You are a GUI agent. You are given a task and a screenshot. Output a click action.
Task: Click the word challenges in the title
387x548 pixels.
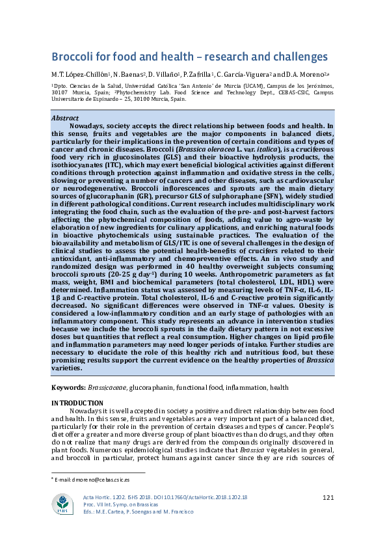tap(292, 57)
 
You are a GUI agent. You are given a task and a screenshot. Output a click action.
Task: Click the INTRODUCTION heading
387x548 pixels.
tap(77, 404)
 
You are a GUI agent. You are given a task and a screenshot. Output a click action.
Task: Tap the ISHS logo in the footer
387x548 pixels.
tap(64, 505)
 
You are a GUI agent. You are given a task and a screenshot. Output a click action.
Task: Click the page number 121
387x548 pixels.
tap(328, 498)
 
